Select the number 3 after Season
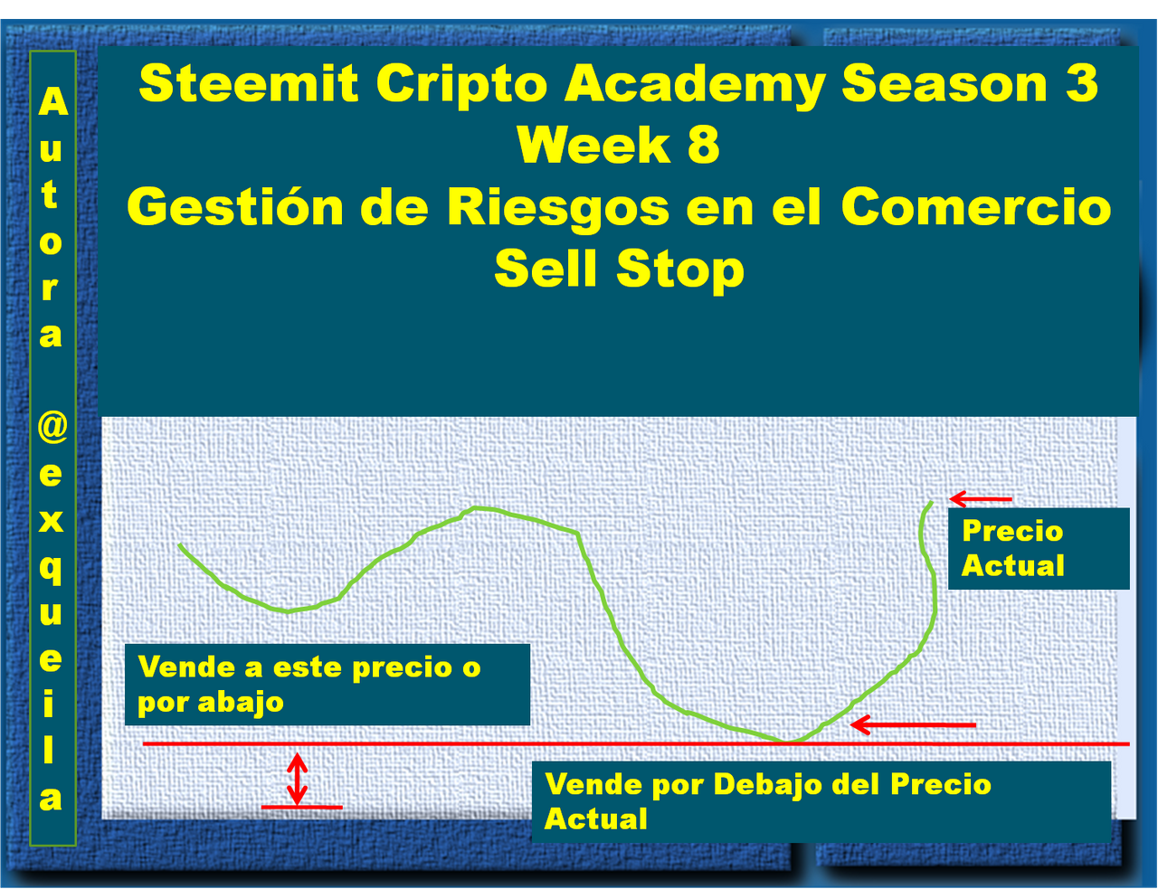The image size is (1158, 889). pyautogui.click(x=1082, y=83)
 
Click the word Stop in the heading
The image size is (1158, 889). pyautogui.click(x=680, y=270)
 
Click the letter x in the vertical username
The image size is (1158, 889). pyautogui.click(x=52, y=520)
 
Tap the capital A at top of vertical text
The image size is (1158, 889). pyautogui.click(x=52, y=100)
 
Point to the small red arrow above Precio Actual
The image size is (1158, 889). pyautogui.click(x=981, y=499)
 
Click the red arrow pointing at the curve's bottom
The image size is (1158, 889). pyautogui.click(x=912, y=724)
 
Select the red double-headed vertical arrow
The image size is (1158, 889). pyautogui.click(x=297, y=779)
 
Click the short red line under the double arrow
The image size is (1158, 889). pyautogui.click(x=301, y=808)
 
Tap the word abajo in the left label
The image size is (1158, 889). pyautogui.click(x=241, y=703)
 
